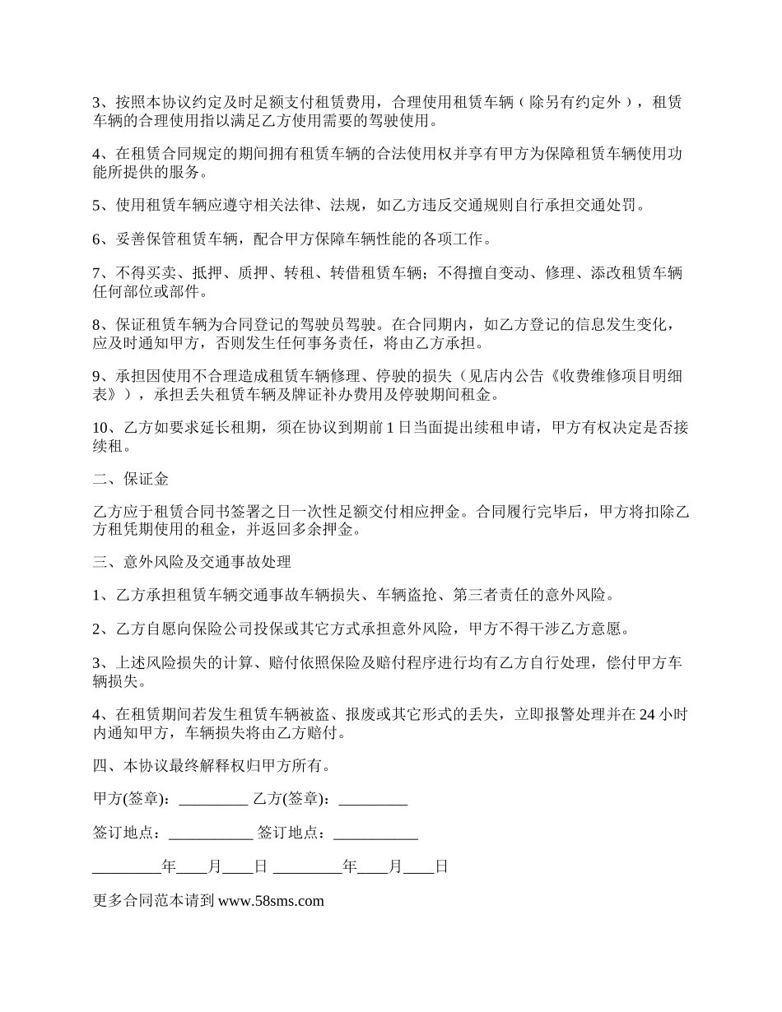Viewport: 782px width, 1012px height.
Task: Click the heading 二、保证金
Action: [131, 478]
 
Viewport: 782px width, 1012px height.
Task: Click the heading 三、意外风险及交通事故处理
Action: [192, 563]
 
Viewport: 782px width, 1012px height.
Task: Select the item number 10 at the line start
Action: [101, 428]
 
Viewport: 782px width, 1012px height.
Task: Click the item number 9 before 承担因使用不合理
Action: [97, 377]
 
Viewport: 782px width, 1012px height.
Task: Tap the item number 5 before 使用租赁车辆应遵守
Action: [97, 205]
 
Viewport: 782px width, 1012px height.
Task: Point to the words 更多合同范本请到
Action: [154, 900]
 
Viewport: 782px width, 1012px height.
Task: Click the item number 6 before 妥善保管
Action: [97, 239]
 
